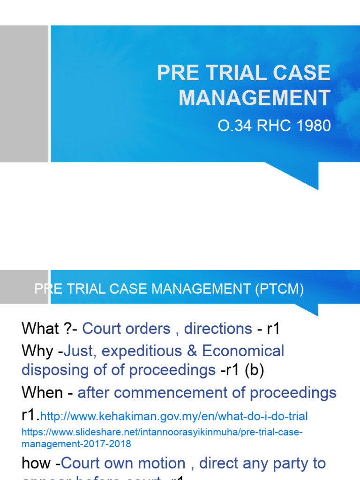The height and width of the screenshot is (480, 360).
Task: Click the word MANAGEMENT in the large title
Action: (x=254, y=98)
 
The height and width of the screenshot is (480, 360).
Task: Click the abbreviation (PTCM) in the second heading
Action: (x=279, y=290)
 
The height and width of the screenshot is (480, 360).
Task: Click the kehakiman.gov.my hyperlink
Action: (x=174, y=416)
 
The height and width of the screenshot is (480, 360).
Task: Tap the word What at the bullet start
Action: (x=40, y=329)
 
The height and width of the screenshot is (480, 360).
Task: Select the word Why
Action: (x=37, y=351)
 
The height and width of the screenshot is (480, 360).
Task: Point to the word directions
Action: (x=218, y=329)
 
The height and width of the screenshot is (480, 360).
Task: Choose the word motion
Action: (x=164, y=464)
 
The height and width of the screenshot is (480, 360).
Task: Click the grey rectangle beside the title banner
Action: (x=24, y=94)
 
